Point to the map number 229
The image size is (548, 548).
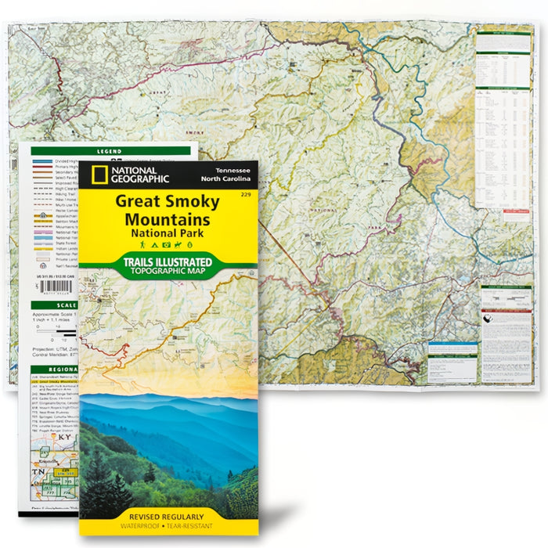click(x=246, y=193)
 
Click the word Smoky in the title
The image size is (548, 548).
click(x=193, y=201)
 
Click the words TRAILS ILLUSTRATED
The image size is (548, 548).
click(x=168, y=262)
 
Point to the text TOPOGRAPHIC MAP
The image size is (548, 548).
click(x=168, y=272)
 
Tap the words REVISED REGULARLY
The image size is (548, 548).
click(x=168, y=517)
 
